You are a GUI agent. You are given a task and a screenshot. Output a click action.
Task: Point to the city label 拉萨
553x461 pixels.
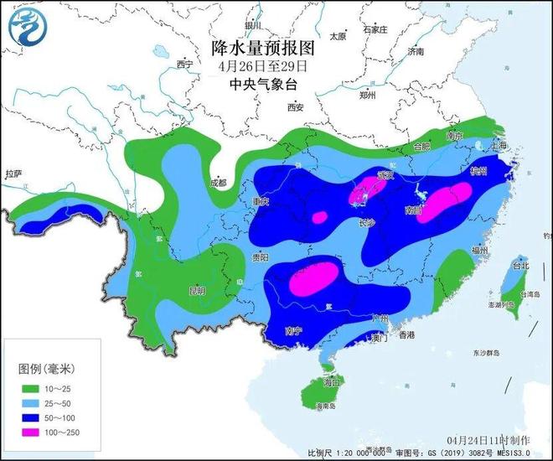pyautogui.click(x=13, y=174)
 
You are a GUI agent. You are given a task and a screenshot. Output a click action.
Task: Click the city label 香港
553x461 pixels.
pyautogui.click(x=406, y=334)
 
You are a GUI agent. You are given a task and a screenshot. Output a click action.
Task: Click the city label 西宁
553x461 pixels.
pyautogui.click(x=185, y=65)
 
